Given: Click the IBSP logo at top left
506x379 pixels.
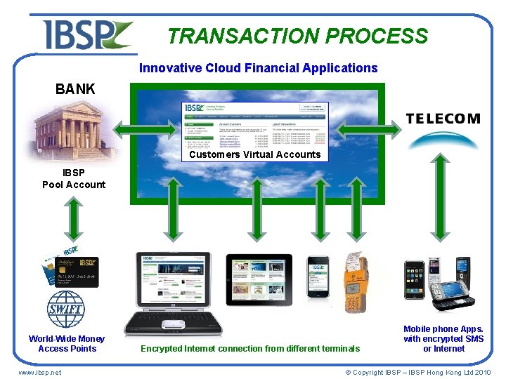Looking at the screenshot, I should click(86, 34).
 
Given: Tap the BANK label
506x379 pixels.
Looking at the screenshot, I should click(75, 89).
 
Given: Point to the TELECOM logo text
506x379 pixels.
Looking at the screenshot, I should click(443, 119).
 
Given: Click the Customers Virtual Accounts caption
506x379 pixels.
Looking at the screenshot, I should click(254, 154).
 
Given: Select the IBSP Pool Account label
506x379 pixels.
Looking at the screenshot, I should click(74, 179).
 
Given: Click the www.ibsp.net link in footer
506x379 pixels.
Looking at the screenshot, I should click(39, 372).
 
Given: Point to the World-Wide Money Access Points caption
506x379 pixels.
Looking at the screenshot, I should click(67, 343).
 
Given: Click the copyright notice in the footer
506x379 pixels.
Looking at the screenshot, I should click(417, 372).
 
